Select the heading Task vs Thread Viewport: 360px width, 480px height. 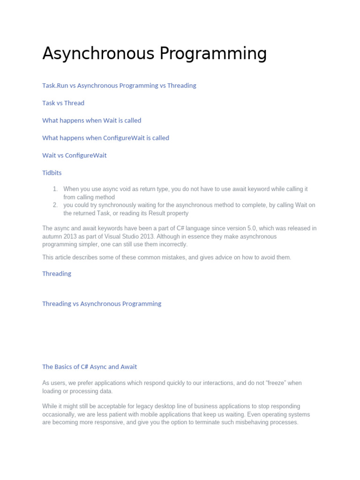pyautogui.click(x=63, y=103)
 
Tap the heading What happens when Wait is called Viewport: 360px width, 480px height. pyautogui.click(x=91, y=120)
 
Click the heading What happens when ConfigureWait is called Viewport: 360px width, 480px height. pyautogui.click(x=105, y=138)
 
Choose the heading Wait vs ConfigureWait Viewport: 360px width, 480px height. pyautogui.click(x=74, y=155)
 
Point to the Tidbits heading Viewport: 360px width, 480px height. pyautogui.click(x=52, y=172)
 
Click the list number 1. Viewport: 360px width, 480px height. pyautogui.click(x=55, y=189)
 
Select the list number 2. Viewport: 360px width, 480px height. pyautogui.click(x=55, y=205)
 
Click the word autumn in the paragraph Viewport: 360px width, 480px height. pyautogui.click(x=52, y=236)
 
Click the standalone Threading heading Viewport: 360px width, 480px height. pyautogui.click(x=57, y=274)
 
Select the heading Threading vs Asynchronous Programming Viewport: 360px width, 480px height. pyautogui.click(x=102, y=304)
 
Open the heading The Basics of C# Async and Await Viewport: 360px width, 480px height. pyautogui.click(x=90, y=367)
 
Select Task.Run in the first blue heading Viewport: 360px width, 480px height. pyautogui.click(x=55, y=86)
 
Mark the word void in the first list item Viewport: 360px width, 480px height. pyautogui.click(x=116, y=189)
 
